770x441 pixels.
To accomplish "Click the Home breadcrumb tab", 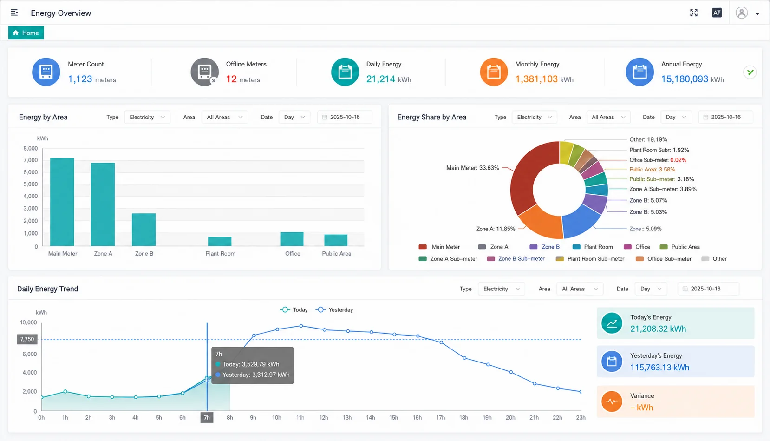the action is pyautogui.click(x=26, y=33).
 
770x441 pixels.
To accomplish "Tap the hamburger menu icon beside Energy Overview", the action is pyautogui.click(x=14, y=13).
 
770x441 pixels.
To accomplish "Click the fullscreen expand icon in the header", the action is pyautogui.click(x=694, y=13).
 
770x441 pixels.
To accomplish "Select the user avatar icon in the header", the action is pyautogui.click(x=742, y=13).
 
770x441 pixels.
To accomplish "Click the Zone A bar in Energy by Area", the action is pyautogui.click(x=103, y=204).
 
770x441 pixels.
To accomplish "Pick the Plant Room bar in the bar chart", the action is pyautogui.click(x=220, y=241).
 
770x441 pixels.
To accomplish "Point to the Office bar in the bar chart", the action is pyautogui.click(x=292, y=239).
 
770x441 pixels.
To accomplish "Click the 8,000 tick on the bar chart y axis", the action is pyautogui.click(x=31, y=148).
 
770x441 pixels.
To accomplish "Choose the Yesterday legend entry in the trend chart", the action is pyautogui.click(x=334, y=309).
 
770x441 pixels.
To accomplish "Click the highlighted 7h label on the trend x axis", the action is pyautogui.click(x=207, y=418).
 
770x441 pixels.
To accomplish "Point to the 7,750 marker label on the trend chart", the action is pyautogui.click(x=27, y=339).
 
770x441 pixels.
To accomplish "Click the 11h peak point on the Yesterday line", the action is pyautogui.click(x=301, y=326).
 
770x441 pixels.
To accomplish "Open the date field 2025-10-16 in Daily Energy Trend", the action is pyautogui.click(x=708, y=289).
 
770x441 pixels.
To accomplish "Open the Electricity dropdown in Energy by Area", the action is pyautogui.click(x=147, y=117).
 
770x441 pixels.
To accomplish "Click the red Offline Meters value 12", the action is pyautogui.click(x=231, y=79).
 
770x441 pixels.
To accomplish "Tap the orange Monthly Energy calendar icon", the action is pyautogui.click(x=494, y=72).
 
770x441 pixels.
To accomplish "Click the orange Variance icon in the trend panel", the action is pyautogui.click(x=612, y=402).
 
